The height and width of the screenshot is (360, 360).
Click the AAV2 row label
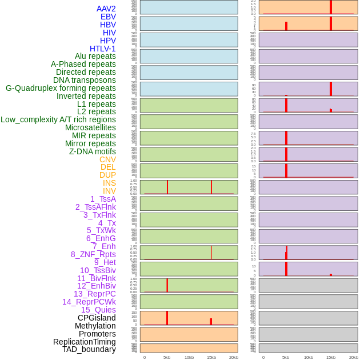coord(106,9)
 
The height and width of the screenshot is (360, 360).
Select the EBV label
coord(108,17)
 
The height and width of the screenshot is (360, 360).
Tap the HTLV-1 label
coord(103,49)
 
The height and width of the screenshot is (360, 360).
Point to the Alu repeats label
coord(95,56)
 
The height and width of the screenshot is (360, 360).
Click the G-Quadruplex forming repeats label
coord(61,88)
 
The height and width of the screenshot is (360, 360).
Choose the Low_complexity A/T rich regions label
coord(58,119)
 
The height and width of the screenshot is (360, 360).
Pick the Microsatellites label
coord(90,127)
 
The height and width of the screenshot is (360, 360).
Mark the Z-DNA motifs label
coord(93,151)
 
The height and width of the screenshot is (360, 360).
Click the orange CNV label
coord(107,159)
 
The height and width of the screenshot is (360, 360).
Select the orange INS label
coord(109,183)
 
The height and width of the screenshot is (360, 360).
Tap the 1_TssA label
coord(103,199)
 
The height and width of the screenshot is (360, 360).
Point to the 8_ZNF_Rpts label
coord(93,254)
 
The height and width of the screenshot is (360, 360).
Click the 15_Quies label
coord(98,310)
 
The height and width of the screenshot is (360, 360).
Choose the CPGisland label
coord(97,318)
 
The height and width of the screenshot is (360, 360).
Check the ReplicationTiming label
coord(85,342)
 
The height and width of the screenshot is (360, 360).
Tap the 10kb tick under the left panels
coord(189,357)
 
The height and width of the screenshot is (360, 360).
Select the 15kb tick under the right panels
coord(331,357)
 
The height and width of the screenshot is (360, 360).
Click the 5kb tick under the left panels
coord(167,357)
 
